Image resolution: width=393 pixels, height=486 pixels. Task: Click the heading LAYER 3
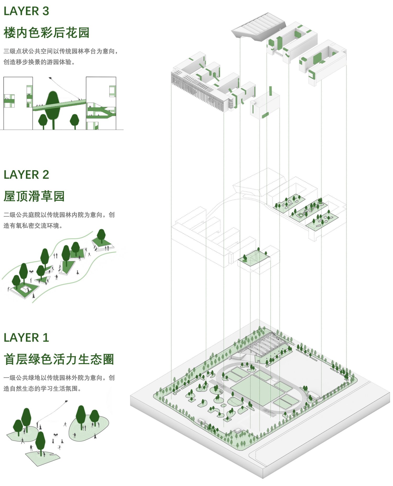pyautogui.click(x=26, y=11)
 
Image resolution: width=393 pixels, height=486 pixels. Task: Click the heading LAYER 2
pyautogui.click(x=26, y=175)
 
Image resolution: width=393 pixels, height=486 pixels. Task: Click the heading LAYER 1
pyautogui.click(x=26, y=338)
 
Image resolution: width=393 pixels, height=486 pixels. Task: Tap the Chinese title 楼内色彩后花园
pyautogui.click(x=46, y=33)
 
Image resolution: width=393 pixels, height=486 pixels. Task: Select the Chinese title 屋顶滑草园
pyautogui.click(x=34, y=196)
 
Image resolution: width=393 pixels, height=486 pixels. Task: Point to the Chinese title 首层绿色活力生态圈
pyautogui.click(x=59, y=359)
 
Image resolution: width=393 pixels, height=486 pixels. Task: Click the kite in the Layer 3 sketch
pyautogui.click(x=50, y=78)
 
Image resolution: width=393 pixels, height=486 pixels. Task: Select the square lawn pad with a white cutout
pyautogui.click(x=26, y=290)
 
